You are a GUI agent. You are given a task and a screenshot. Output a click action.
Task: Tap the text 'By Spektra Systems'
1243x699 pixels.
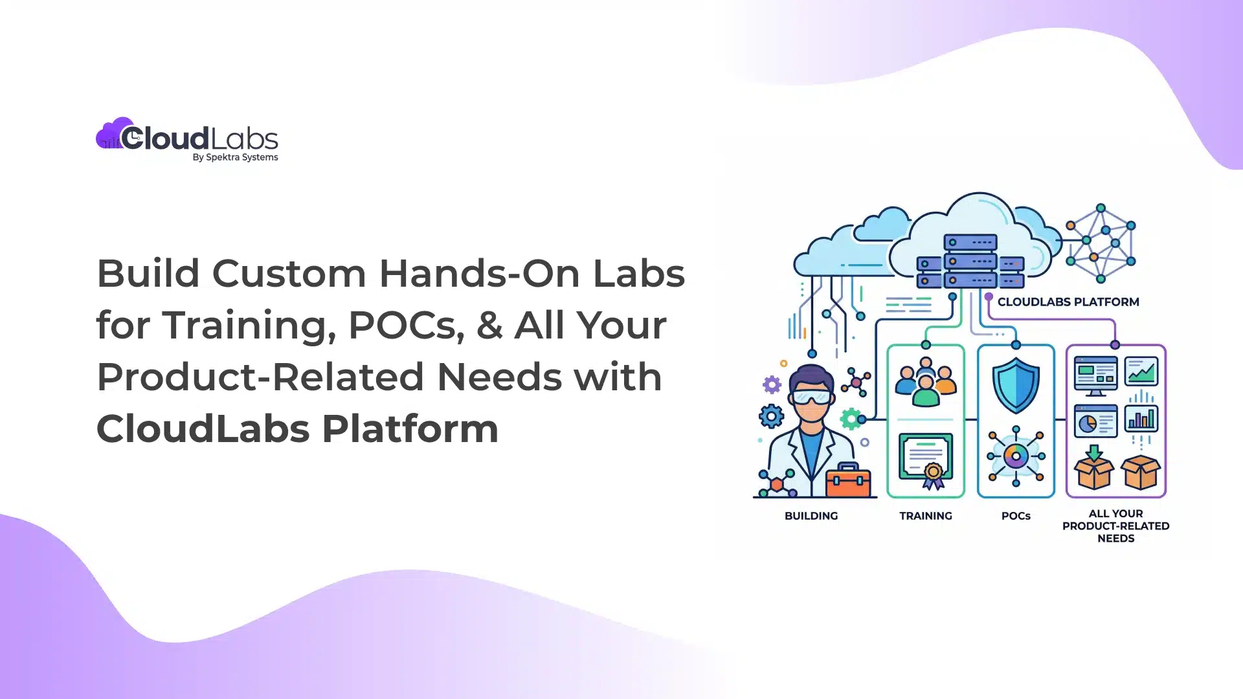coord(235,157)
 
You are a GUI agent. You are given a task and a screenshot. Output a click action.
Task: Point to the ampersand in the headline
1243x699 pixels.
coord(489,325)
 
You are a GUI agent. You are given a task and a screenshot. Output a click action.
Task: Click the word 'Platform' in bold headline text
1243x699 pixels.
coord(410,428)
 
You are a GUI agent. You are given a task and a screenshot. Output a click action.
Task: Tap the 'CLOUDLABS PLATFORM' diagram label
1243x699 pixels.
coord(1068,302)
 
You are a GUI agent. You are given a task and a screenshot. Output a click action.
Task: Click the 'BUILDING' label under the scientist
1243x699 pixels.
coord(811,516)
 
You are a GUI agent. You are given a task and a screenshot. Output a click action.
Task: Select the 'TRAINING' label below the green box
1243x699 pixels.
coord(925,516)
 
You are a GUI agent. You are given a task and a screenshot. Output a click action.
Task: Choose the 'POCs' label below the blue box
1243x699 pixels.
coord(1016,516)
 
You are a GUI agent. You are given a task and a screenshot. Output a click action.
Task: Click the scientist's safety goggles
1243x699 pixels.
coord(811,397)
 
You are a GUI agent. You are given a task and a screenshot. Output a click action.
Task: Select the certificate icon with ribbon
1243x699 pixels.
coord(926,460)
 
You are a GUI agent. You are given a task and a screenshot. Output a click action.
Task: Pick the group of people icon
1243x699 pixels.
coord(926,384)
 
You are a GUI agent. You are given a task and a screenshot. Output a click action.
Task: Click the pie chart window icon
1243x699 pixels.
coord(1095,421)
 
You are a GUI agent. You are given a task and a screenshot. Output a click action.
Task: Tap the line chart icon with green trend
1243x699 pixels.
coord(1141,372)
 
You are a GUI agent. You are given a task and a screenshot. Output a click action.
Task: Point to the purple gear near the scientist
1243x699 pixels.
coord(772,385)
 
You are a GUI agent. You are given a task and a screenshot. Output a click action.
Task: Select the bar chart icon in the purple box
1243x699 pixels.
coord(1141,419)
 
